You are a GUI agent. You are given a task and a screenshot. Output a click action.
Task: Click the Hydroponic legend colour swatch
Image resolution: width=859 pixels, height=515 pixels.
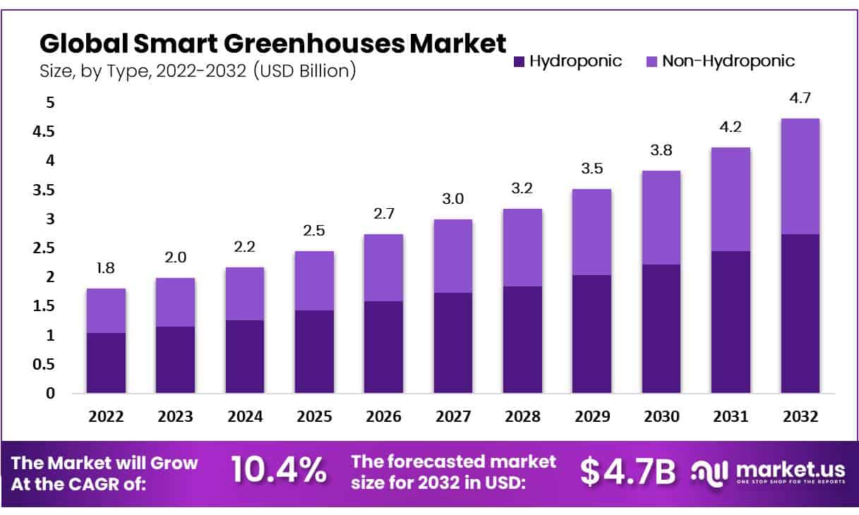pyautogui.click(x=519, y=61)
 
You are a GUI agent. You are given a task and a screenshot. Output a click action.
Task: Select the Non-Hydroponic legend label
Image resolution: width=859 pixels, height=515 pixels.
pyautogui.click(x=728, y=61)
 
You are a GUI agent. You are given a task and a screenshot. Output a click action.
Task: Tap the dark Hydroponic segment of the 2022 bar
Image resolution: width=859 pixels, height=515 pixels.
pyautogui.click(x=106, y=363)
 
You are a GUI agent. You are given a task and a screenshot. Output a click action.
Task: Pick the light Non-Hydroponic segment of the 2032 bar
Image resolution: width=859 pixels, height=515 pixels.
pyautogui.click(x=800, y=176)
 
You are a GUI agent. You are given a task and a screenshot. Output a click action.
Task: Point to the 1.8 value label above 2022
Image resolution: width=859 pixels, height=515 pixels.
pyautogui.click(x=106, y=267)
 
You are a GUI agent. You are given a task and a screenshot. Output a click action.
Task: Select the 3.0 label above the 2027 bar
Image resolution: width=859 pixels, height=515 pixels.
pyautogui.click(x=452, y=199)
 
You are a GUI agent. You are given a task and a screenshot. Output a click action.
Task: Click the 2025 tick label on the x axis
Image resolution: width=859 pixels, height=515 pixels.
pyautogui.click(x=313, y=417)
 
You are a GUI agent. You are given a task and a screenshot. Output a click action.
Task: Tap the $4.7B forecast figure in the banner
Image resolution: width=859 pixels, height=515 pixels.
pyautogui.click(x=627, y=471)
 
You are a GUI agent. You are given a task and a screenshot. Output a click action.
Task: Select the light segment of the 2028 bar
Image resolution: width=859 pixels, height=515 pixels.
pyautogui.click(x=522, y=248)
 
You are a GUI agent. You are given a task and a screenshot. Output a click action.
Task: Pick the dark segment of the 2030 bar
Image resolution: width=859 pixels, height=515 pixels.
pyautogui.click(x=661, y=329)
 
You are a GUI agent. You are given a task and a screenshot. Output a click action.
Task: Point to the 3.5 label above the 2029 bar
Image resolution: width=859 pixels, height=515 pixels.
pyautogui.click(x=591, y=169)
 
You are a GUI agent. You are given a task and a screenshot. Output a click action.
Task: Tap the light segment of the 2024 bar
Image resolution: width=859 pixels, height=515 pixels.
pyautogui.click(x=244, y=293)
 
